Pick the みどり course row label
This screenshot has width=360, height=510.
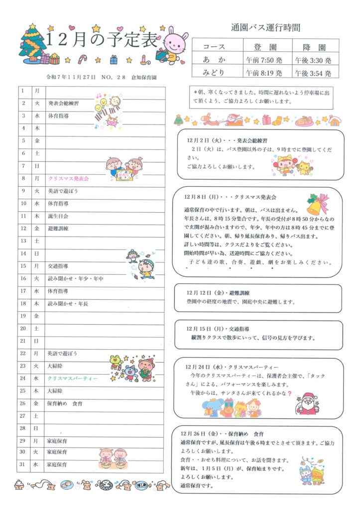pos(214,73)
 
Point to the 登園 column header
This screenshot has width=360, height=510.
pos(264,47)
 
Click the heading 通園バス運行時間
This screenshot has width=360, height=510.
pos(265,28)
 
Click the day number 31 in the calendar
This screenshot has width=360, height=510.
pos(23,465)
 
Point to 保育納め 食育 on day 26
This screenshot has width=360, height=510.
pos(65,403)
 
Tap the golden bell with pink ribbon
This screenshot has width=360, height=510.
pos(318,203)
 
